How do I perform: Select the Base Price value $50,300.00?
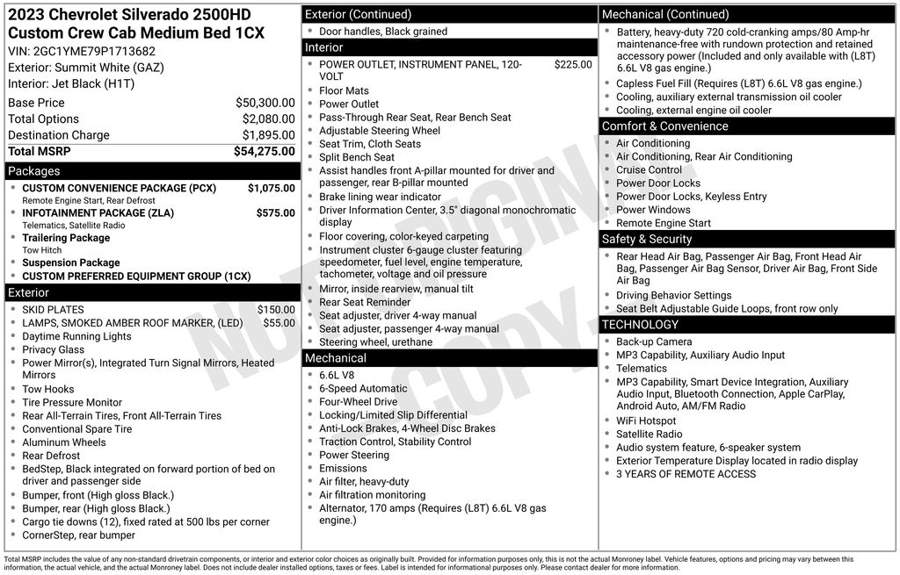265,103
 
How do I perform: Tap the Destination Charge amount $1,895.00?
268,135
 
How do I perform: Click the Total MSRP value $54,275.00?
264,151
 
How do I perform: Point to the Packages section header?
34,171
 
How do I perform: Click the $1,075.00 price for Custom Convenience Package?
271,188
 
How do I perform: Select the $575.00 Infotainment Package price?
275,212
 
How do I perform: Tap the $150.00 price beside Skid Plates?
276,309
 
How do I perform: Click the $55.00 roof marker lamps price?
279,323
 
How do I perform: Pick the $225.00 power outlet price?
573,64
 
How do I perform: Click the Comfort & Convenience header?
664,126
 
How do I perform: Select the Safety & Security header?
647,239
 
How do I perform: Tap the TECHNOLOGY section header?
641,325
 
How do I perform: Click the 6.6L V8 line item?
337,375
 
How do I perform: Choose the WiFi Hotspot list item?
646,420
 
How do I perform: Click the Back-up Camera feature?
654,341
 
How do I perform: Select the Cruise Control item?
649,169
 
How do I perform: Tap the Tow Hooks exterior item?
48,389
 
